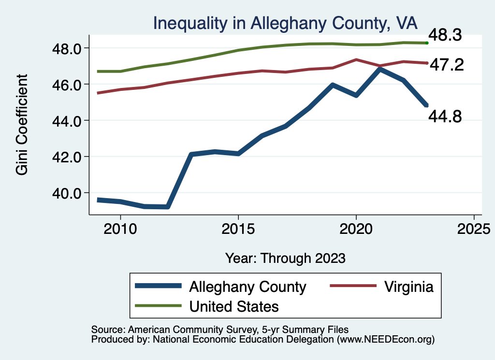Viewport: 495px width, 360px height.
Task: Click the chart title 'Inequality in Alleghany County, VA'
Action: click(285, 23)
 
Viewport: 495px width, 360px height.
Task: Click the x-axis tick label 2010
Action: click(120, 228)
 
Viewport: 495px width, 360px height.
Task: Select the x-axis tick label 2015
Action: click(238, 228)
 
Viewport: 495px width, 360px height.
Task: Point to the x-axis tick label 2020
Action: click(356, 228)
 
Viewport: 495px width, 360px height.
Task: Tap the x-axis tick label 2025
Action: click(474, 228)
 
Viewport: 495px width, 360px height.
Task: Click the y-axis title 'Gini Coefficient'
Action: click(22, 124)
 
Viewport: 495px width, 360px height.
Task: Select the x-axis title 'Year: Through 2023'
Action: click(285, 258)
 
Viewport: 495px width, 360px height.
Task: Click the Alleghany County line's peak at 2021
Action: click(380, 70)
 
